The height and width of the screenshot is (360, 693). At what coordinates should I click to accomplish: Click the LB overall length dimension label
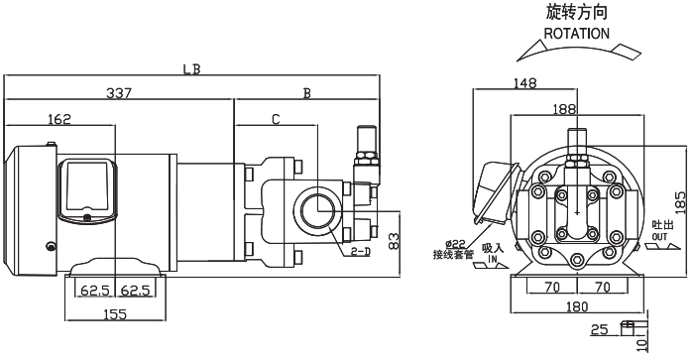[x=191, y=69]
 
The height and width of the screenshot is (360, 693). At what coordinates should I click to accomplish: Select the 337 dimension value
[x=119, y=93]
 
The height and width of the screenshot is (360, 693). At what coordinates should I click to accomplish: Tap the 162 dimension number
[x=59, y=119]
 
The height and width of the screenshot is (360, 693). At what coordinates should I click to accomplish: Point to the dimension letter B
[x=306, y=93]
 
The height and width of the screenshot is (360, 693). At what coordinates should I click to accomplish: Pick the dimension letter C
[x=276, y=119]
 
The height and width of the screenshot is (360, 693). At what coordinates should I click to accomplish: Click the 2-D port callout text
[x=361, y=252]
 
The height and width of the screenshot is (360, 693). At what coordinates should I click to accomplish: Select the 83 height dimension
[x=393, y=241]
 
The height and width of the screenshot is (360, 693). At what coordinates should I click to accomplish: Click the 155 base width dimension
[x=115, y=314]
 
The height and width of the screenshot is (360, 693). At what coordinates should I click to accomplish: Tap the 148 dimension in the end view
[x=524, y=83]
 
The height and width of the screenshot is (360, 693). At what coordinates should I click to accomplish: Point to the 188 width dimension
[x=564, y=109]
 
